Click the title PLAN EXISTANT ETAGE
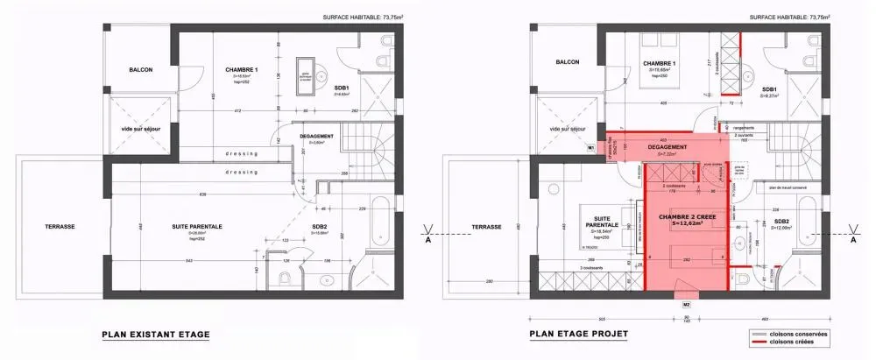tap(156, 334)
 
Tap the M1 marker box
tap(591, 149)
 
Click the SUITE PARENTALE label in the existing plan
tap(196, 226)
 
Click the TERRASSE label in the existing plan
tap(60, 226)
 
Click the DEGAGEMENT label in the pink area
tap(667, 146)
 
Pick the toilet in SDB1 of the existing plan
tap(383, 61)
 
